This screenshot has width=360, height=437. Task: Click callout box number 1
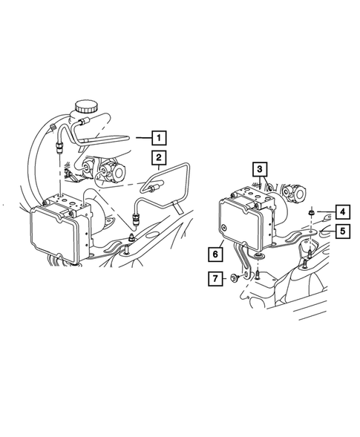point(160,137)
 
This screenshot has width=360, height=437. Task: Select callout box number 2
point(160,157)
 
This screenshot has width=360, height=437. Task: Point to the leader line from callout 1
point(143,137)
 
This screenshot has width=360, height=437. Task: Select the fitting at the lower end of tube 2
point(136,217)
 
